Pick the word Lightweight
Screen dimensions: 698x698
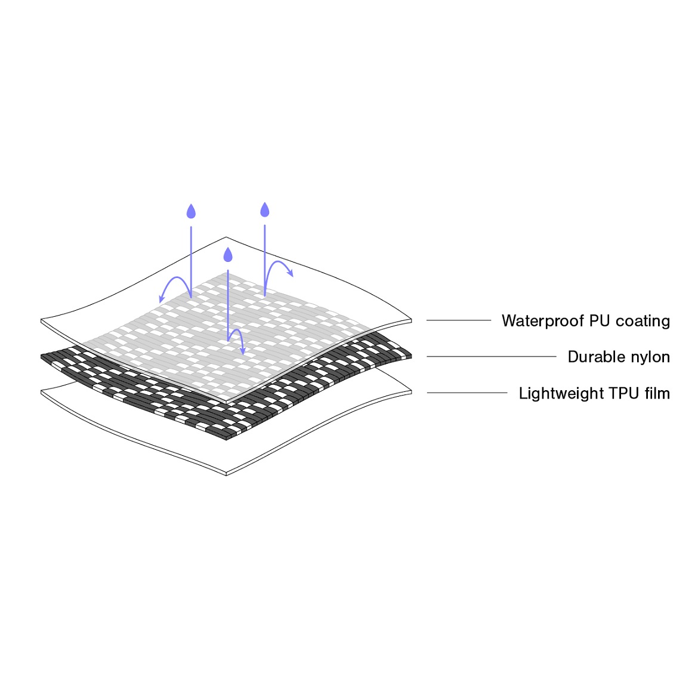pyautogui.click(x=561, y=394)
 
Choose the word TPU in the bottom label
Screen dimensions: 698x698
pyautogui.click(x=623, y=393)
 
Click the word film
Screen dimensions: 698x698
pyautogui.click(x=657, y=393)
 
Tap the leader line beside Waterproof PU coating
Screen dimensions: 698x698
pyautogui.click(x=459, y=320)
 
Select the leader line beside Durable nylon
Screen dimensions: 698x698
pyautogui.click(x=492, y=357)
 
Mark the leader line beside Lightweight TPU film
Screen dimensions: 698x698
pyautogui.click(x=467, y=393)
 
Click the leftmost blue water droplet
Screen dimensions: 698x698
pyautogui.click(x=191, y=211)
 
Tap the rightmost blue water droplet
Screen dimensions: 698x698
pyautogui.click(x=265, y=209)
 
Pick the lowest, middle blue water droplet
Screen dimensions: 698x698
pyautogui.click(x=228, y=255)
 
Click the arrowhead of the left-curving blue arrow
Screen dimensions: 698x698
pyautogui.click(x=161, y=299)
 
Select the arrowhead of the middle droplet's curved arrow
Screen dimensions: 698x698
pyautogui.click(x=243, y=351)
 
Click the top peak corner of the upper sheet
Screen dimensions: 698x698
pyautogui.click(x=226, y=237)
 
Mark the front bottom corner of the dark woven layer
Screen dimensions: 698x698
pyautogui.click(x=226, y=440)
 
